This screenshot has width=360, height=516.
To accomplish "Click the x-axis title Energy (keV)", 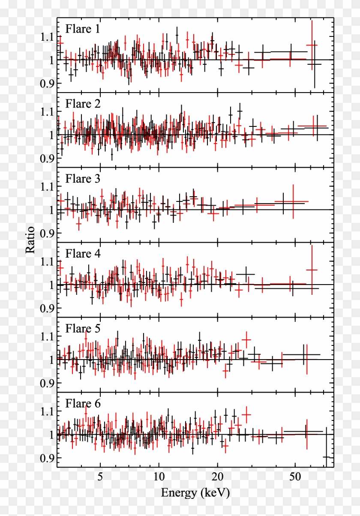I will (x=195, y=493).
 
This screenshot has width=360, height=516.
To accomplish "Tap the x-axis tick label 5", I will (x=100, y=477).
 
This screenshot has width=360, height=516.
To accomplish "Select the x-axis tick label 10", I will (x=159, y=477).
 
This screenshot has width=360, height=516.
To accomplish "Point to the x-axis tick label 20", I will (x=218, y=477).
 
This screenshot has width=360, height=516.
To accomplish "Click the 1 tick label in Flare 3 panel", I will (x=51, y=210).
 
